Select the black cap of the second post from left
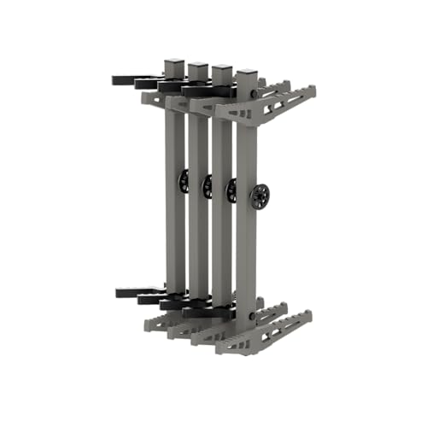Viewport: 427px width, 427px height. (198, 67)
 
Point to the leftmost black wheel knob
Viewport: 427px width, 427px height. (184, 180)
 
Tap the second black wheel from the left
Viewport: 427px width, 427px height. (208, 185)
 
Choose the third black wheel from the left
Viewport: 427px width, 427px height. (231, 190)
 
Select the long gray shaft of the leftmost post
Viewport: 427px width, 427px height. (174, 213)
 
